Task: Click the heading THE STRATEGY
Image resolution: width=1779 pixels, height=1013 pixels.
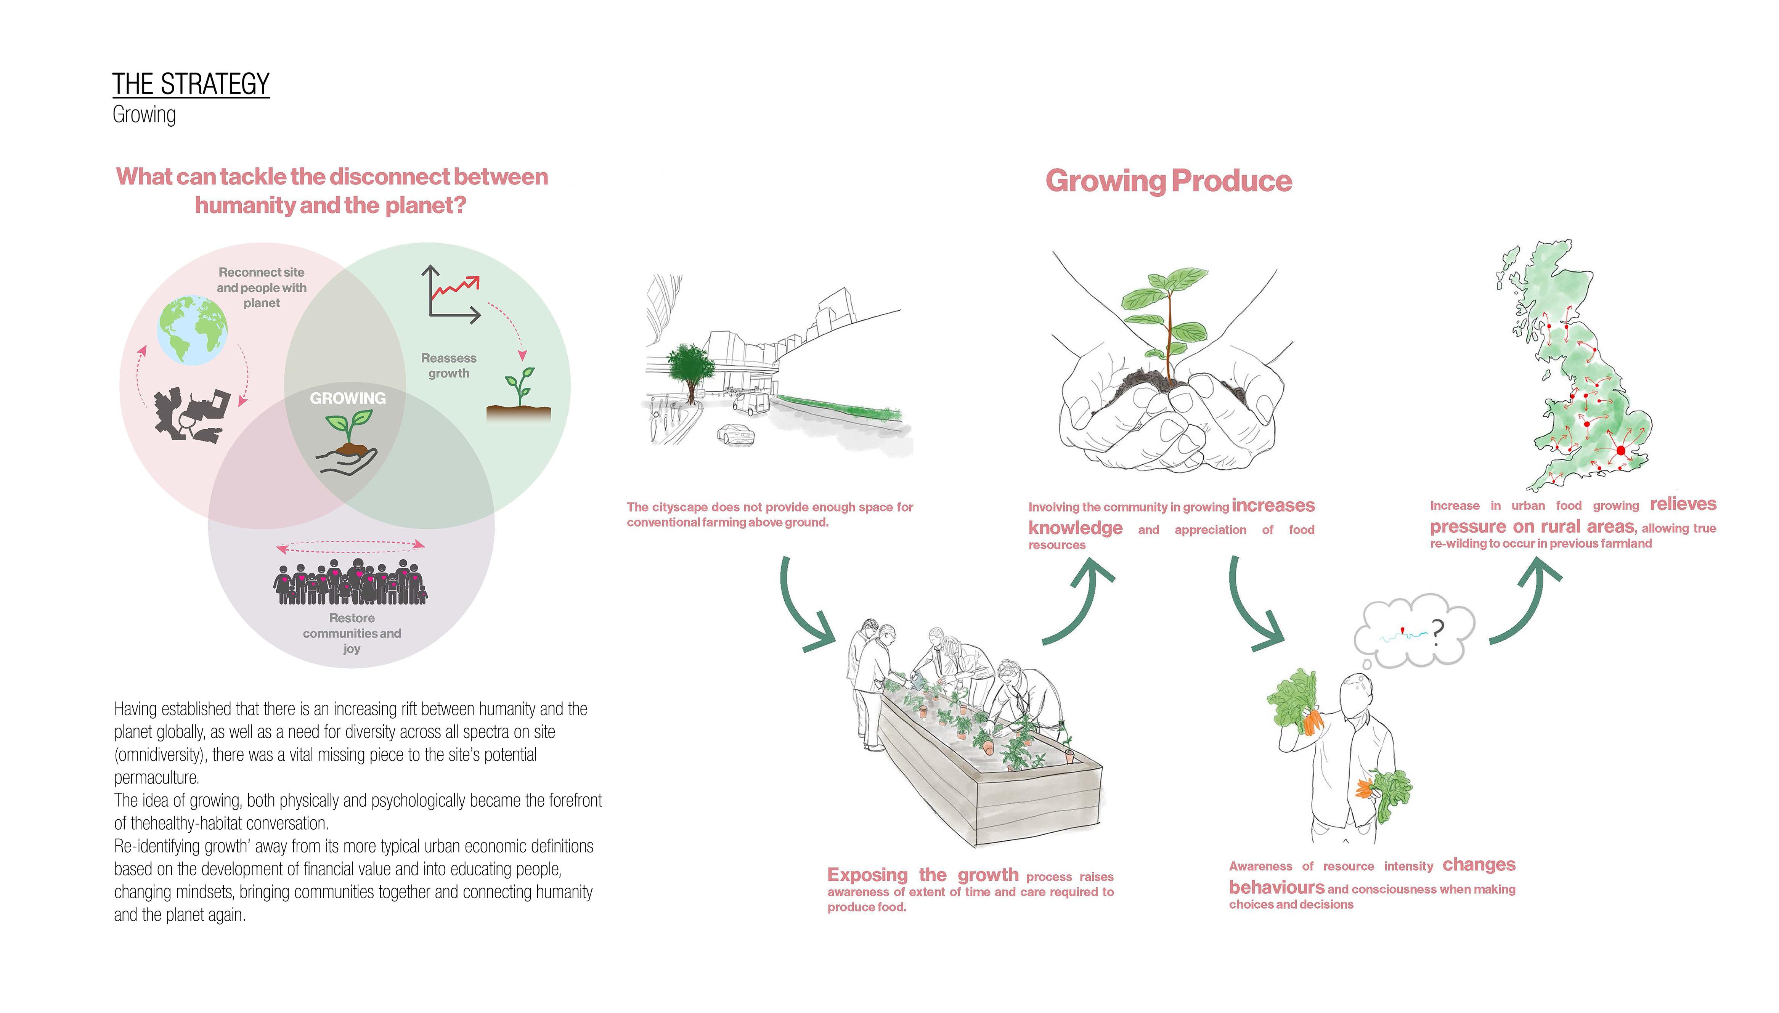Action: (x=191, y=84)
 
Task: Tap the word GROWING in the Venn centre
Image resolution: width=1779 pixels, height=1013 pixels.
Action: (x=347, y=398)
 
